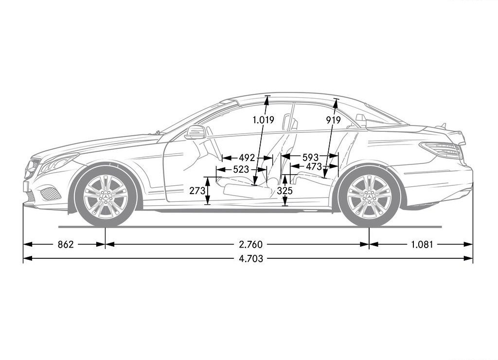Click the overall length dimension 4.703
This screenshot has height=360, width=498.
click(x=251, y=259)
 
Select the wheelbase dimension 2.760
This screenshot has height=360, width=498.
click(x=251, y=244)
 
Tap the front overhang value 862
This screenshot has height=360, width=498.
click(x=66, y=244)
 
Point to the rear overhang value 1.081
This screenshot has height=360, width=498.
click(x=422, y=244)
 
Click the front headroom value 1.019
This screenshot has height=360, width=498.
click(x=263, y=120)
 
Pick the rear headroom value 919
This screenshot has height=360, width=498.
click(x=333, y=120)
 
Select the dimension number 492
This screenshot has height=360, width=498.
click(x=247, y=158)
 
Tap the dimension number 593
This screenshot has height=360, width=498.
click(x=310, y=157)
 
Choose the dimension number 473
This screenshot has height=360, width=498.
click(x=314, y=166)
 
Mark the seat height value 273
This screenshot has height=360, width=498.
click(x=197, y=191)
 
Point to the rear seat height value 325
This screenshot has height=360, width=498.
click(x=285, y=191)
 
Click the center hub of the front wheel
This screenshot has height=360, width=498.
click(x=105, y=197)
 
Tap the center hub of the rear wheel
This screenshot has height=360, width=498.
click(x=369, y=197)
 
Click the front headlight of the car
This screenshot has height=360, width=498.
click(x=59, y=162)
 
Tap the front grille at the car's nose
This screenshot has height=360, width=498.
click(x=33, y=169)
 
